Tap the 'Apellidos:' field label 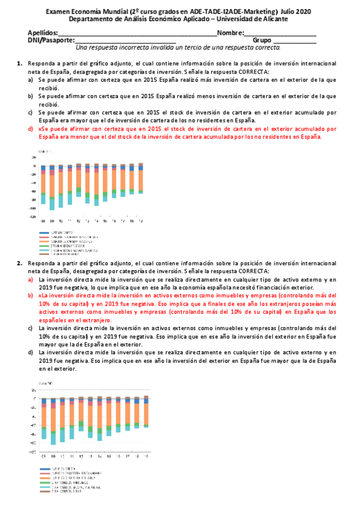pos(43,32)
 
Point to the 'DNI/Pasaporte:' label pos(51,40)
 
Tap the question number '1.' pos(20,63)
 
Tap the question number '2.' pos(20,263)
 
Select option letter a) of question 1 pos(31,79)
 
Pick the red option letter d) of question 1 pos(31,129)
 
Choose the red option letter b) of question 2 pos(31,296)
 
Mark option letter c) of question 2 pos(31,328)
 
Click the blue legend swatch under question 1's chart pos(43,232)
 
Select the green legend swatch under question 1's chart pos(43,245)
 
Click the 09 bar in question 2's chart pos(53,421)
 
